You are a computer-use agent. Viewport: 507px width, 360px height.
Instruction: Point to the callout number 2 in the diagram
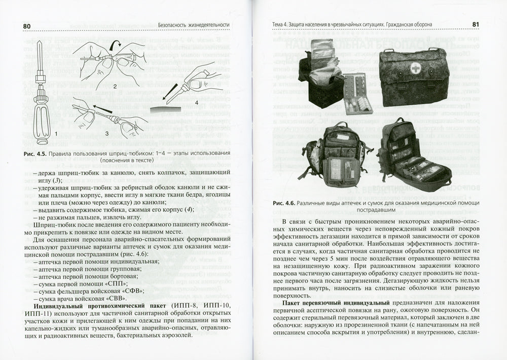[x=115, y=86]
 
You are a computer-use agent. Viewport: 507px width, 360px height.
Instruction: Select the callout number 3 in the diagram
[x=106, y=133]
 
